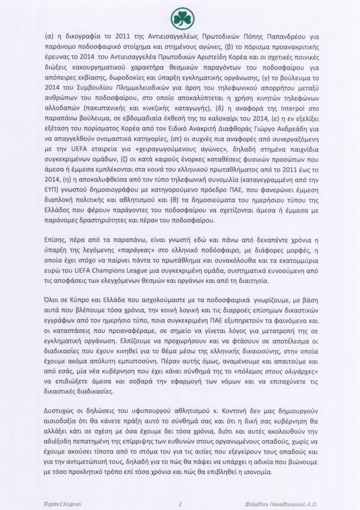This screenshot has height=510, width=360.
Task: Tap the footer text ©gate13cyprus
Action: [x=65, y=503]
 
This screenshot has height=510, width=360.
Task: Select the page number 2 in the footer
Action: [x=180, y=503]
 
